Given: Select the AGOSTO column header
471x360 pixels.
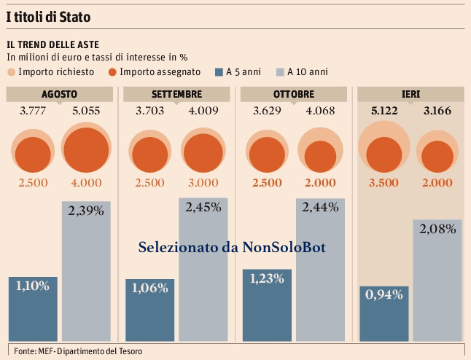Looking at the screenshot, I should (59, 94).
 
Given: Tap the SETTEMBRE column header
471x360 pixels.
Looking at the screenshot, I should (177, 94).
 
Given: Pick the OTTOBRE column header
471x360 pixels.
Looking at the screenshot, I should (294, 94).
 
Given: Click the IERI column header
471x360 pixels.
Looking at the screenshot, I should (410, 94).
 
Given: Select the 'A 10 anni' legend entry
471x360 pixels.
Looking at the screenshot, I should (300, 71).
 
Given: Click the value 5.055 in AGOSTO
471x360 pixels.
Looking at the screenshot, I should (87, 111).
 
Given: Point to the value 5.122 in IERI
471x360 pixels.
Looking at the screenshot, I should (384, 111).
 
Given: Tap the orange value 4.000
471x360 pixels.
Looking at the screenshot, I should (87, 182).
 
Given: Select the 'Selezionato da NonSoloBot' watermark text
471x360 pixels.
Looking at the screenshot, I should (232, 248).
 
